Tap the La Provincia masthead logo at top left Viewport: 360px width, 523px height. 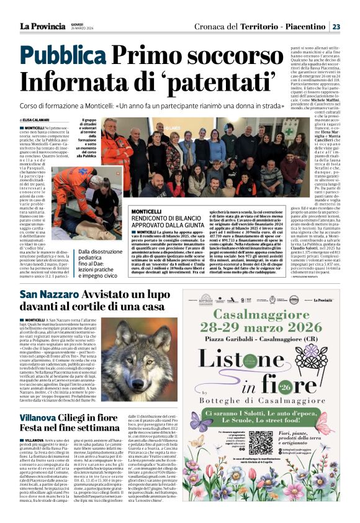tap(40, 26)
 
